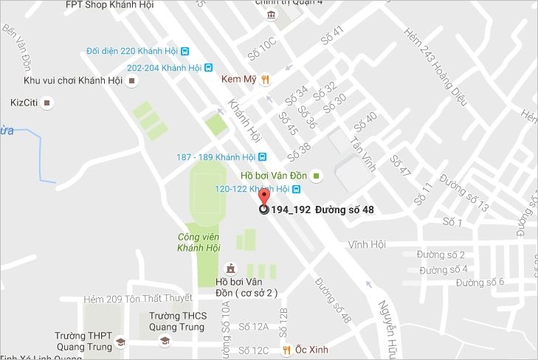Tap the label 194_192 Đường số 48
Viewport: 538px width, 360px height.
(x=323, y=210)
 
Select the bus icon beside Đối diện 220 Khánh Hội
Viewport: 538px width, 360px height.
(x=185, y=52)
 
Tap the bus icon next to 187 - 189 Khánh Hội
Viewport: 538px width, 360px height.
(x=262, y=157)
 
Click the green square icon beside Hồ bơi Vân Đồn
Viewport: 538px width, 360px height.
(x=316, y=176)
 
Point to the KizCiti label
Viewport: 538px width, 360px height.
(x=24, y=103)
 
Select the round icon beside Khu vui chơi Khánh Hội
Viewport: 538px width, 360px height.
(x=132, y=80)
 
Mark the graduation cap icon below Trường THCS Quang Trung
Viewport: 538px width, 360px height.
(x=165, y=341)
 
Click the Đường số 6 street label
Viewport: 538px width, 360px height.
(x=479, y=282)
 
